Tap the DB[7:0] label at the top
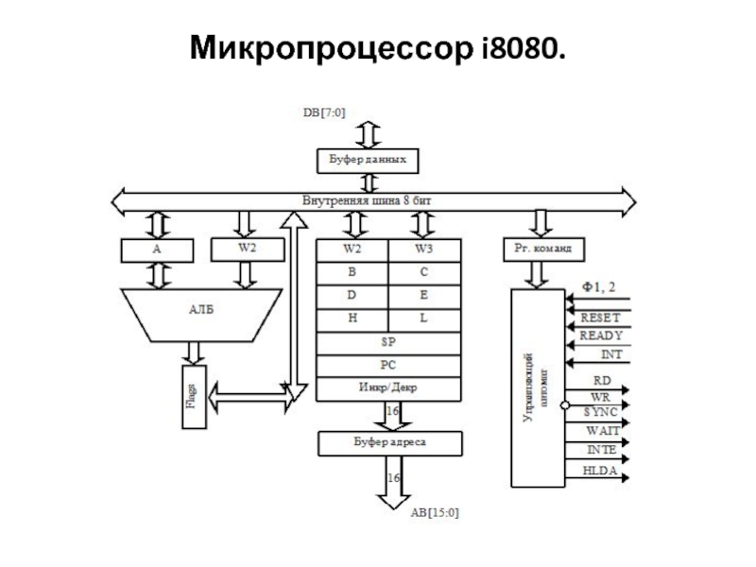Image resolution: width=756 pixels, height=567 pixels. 323,112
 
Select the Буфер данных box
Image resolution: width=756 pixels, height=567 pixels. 367,160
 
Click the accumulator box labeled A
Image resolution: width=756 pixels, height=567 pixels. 157,249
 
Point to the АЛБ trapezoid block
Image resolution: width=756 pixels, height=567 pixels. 202,310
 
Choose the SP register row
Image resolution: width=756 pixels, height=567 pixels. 387,342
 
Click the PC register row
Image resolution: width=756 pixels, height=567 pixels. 387,365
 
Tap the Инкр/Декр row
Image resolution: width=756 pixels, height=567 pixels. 387,387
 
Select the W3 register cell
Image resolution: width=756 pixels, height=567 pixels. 424,249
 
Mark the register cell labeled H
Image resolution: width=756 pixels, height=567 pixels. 352,318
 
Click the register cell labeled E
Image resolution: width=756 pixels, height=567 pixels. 424,296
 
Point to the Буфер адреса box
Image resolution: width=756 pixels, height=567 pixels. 388,441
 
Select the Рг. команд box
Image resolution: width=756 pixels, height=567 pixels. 542,249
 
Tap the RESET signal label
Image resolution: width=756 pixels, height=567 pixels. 600,318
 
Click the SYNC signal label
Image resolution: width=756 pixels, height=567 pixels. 600,412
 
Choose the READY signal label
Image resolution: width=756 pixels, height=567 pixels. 600,336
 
